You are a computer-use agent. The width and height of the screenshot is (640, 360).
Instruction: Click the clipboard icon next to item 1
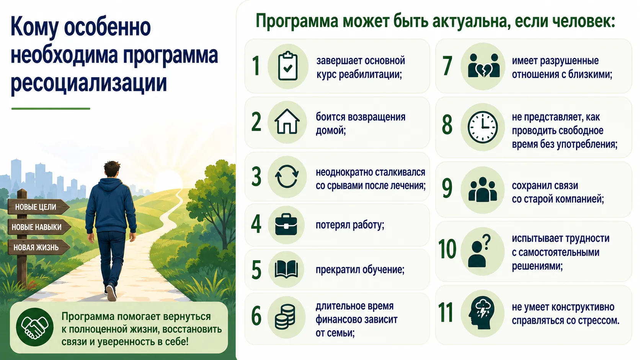288,66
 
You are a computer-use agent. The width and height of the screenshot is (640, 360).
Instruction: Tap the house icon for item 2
287,122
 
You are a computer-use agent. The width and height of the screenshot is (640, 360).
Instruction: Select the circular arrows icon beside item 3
287,176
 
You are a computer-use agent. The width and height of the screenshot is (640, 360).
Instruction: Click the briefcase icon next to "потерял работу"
286,225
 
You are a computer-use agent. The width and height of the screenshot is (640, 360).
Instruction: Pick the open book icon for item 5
286,269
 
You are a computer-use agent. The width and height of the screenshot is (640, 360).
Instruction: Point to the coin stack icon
285,317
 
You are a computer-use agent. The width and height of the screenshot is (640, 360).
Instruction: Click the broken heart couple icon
483,66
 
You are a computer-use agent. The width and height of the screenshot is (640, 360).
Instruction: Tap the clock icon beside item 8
483,127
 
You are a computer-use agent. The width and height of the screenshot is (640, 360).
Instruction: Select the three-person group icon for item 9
483,189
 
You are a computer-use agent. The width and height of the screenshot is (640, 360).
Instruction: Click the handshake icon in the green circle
35,327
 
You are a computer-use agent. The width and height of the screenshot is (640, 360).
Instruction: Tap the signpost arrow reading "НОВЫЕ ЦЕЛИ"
38,207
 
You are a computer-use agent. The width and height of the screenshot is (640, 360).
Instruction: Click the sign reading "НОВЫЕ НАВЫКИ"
39,227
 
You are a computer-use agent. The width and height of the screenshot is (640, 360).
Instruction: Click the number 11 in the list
446,312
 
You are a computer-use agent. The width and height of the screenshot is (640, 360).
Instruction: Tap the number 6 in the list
256,316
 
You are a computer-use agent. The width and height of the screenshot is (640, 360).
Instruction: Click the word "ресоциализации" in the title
88,83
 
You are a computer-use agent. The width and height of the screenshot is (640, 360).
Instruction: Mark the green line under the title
51,109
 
